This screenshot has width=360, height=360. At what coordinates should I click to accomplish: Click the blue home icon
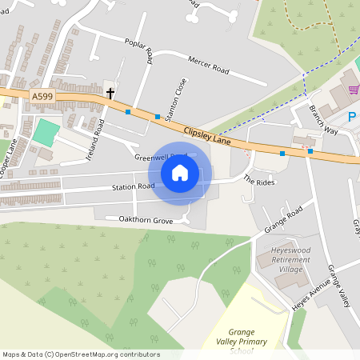click(x=180, y=172)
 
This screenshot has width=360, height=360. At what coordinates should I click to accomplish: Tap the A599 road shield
click(x=42, y=96)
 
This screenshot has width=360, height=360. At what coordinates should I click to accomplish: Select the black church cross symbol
click(x=110, y=93)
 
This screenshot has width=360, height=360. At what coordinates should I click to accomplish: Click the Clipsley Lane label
click(x=206, y=130)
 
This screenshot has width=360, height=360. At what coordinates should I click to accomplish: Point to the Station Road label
click(x=133, y=187)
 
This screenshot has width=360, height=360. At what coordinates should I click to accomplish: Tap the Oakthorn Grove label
click(x=146, y=220)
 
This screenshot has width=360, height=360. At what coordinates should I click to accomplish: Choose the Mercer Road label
click(x=208, y=66)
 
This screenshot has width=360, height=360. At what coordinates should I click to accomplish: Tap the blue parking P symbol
click(x=352, y=117)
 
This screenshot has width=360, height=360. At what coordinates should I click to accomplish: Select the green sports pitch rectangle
click(x=46, y=132)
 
